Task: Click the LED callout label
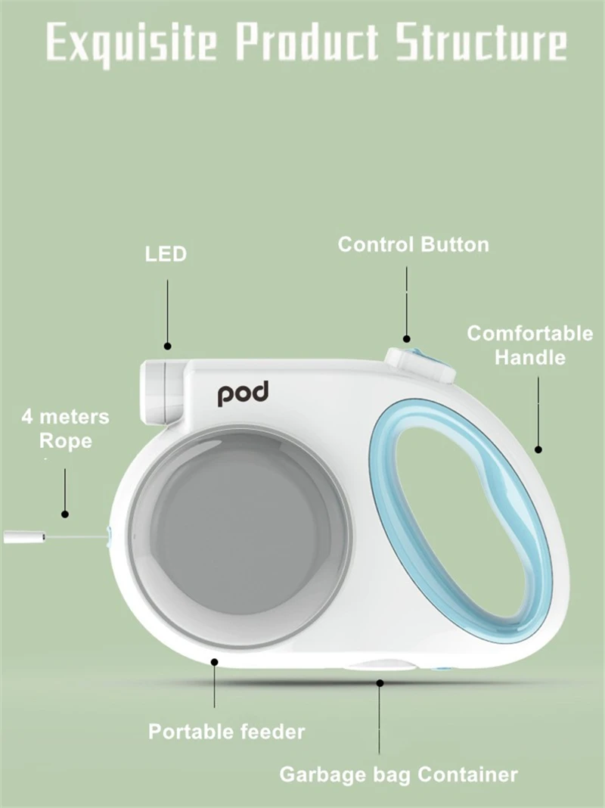tap(166, 254)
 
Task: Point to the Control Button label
tap(413, 245)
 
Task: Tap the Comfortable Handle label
tap(529, 345)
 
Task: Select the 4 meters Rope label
tap(65, 428)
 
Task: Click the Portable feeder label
tap(226, 732)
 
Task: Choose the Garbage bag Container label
tap(399, 775)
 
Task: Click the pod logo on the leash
tap(244, 394)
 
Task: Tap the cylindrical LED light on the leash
tap(161, 390)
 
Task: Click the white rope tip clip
tap(26, 537)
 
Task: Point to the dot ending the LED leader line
tap(168, 346)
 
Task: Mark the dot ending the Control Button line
tap(406, 339)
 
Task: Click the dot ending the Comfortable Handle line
tap(538, 449)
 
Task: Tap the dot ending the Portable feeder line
tap(215, 662)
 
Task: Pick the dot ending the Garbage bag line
tap(380, 682)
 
